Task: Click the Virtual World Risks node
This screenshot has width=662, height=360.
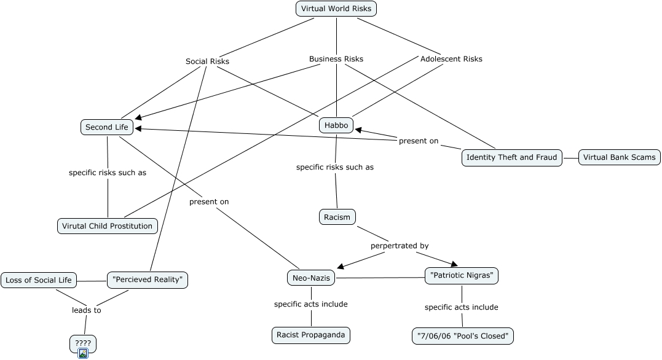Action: pyautogui.click(x=336, y=9)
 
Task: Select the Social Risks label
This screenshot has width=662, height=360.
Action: pyautogui.click(x=207, y=61)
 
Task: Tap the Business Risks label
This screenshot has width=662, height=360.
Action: pyautogui.click(x=336, y=59)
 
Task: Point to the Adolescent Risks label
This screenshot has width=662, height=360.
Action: pyautogui.click(x=451, y=59)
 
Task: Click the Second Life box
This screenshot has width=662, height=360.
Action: pyautogui.click(x=107, y=127)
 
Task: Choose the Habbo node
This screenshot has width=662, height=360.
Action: pyautogui.click(x=336, y=125)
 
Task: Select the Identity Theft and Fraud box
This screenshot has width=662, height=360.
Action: pyautogui.click(x=511, y=157)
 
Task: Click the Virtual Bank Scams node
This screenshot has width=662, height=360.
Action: pyautogui.click(x=620, y=157)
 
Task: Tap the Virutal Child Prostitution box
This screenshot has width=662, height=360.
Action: pyautogui.click(x=107, y=226)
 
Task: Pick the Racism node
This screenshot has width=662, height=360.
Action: pyautogui.click(x=337, y=217)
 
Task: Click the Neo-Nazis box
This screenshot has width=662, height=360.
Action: pyautogui.click(x=311, y=278)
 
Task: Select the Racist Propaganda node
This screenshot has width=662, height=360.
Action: pyautogui.click(x=311, y=335)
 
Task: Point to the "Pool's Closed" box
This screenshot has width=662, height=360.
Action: pyautogui.click(x=462, y=336)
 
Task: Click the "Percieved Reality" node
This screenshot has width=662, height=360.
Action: pyautogui.click(x=148, y=280)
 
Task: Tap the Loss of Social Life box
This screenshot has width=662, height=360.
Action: pyautogui.click(x=39, y=280)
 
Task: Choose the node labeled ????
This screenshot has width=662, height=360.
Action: pyautogui.click(x=83, y=343)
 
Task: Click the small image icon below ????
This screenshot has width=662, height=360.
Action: pyautogui.click(x=83, y=353)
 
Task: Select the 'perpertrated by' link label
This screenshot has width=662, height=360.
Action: pyautogui.click(x=400, y=246)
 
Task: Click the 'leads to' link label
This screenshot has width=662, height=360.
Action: pyautogui.click(x=87, y=310)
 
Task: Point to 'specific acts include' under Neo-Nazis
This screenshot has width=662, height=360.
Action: pyautogui.click(x=311, y=304)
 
